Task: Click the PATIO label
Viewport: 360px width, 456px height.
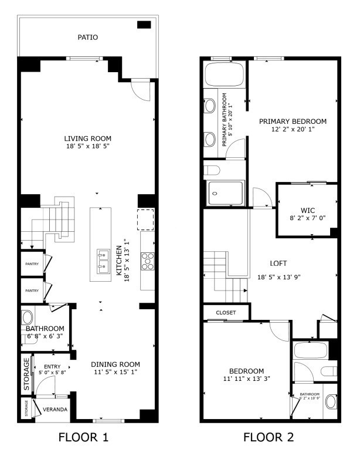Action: pyautogui.click(x=88, y=38)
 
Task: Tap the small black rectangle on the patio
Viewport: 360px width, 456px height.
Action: pyautogui.click(x=144, y=25)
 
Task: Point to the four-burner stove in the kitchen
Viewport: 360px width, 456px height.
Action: pyautogui.click(x=147, y=261)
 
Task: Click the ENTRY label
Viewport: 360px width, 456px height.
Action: pyautogui.click(x=44, y=367)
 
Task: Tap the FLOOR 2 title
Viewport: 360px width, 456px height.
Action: pyautogui.click(x=270, y=437)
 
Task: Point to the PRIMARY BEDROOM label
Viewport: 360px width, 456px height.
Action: pyautogui.click(x=293, y=121)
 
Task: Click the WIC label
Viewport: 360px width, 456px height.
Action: pyautogui.click(x=308, y=210)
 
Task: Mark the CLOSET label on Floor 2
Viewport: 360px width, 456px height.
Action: pyautogui.click(x=226, y=312)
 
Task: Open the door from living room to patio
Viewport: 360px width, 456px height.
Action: pyautogui.click(x=141, y=91)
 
